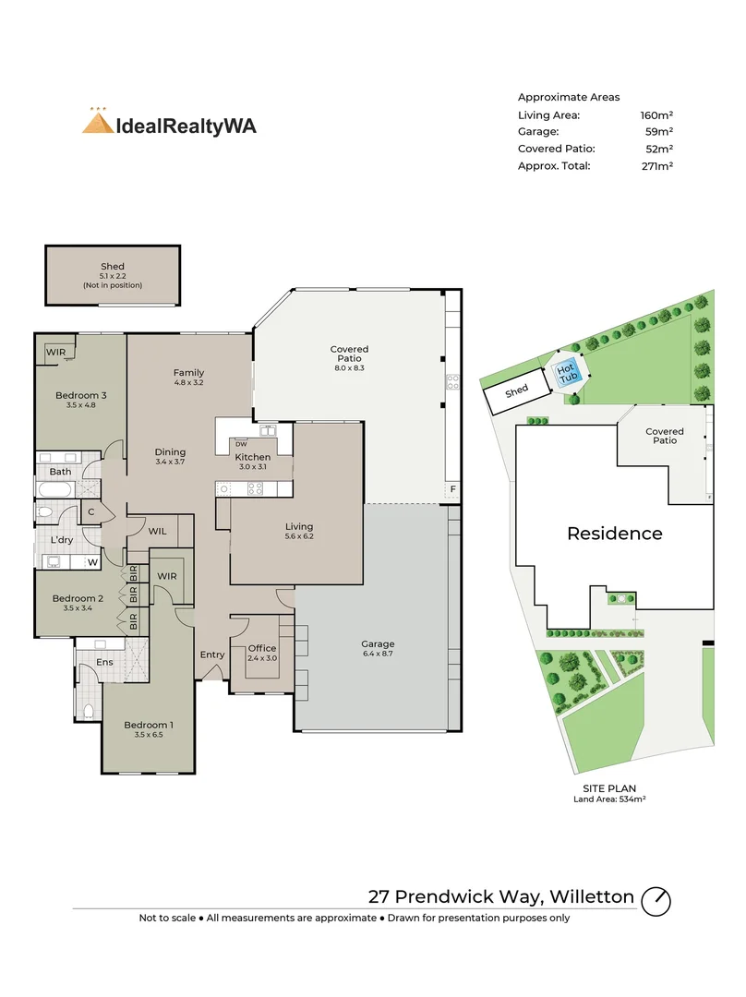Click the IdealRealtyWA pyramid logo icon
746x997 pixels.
[97, 122]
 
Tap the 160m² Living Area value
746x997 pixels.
[656, 115]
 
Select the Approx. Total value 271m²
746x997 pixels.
[657, 166]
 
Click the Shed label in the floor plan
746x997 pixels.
[113, 267]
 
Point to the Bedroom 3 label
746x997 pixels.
[80, 395]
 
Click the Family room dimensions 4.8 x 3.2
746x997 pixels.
[188, 383]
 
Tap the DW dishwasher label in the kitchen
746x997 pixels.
[241, 444]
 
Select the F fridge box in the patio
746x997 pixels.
[452, 489]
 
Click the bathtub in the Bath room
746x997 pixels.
[56, 489]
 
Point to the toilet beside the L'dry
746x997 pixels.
[44, 511]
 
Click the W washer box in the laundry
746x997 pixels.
[93, 562]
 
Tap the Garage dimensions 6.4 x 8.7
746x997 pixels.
[378, 654]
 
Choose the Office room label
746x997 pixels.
[262, 649]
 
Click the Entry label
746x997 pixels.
[212, 655]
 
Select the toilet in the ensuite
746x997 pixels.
[89, 712]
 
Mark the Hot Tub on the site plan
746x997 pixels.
[566, 373]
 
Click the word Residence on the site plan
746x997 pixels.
[614, 533]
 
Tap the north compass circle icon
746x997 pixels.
[656, 901]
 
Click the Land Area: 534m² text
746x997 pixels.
[609, 799]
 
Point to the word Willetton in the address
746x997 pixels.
[592, 896]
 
